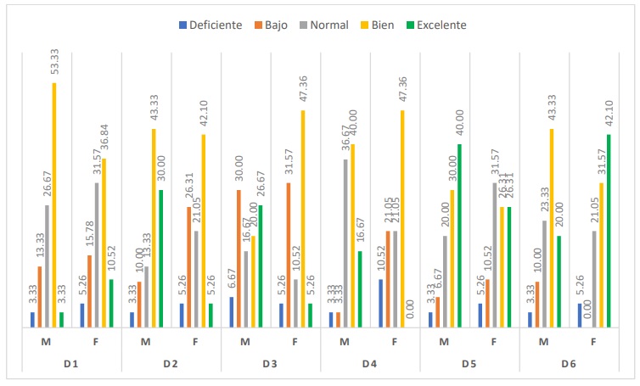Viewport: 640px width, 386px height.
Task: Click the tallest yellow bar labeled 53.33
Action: (56, 204)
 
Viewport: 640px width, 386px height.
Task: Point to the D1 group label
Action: (70, 364)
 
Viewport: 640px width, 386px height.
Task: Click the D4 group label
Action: (370, 364)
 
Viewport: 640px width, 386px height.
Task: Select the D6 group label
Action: (570, 364)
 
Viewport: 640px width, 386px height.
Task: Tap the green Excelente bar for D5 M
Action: (460, 235)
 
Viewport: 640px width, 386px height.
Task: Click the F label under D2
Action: (196, 342)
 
